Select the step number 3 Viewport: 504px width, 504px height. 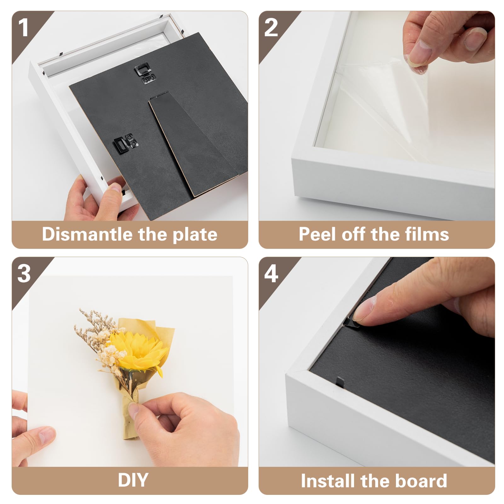click(x=24, y=273)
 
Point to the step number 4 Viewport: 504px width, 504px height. click(x=271, y=273)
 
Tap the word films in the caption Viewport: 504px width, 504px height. click(x=427, y=234)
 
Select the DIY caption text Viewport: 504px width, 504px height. click(x=133, y=480)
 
